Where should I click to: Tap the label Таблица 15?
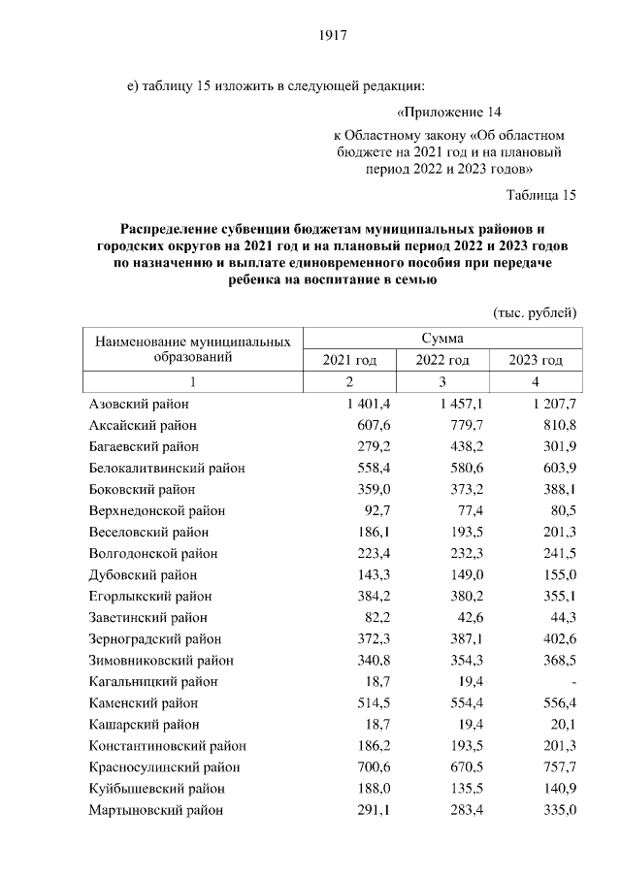541,195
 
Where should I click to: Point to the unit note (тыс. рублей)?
536,312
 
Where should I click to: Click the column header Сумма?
441,339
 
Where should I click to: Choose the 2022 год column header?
442,360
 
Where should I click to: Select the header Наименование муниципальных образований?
193,349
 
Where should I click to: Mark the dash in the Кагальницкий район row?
575,682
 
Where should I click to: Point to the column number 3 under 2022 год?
442,381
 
